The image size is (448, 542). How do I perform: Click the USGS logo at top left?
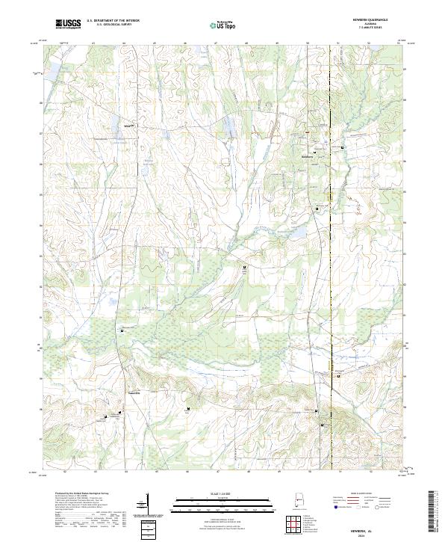pyautogui.click(x=68, y=25)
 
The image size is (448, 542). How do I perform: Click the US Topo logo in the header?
pyautogui.click(x=223, y=25)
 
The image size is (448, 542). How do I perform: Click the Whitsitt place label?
pyautogui.click(x=128, y=127)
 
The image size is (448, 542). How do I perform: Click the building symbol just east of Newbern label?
pyautogui.click(x=343, y=148)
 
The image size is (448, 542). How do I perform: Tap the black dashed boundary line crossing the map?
pyautogui.click(x=331, y=262)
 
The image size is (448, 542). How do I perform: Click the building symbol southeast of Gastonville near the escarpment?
pyautogui.click(x=187, y=408)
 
